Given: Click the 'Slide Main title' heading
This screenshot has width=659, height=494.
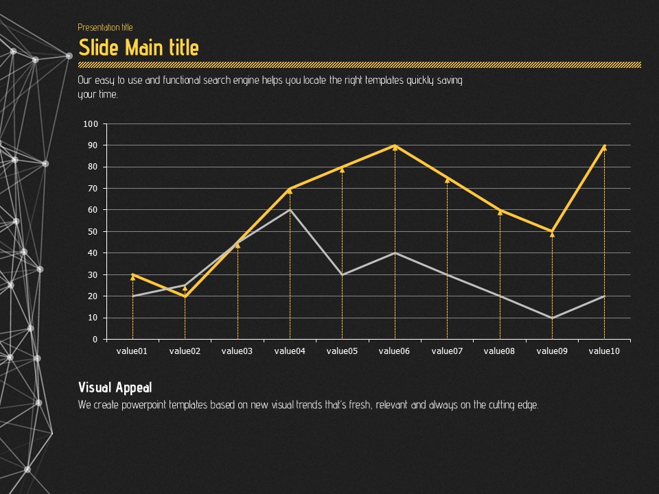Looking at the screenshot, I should [x=139, y=48].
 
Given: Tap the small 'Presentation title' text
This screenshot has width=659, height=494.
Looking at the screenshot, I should [x=105, y=27].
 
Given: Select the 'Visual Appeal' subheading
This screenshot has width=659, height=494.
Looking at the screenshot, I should [x=115, y=388].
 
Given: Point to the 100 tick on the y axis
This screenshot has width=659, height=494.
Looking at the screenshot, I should [x=91, y=124].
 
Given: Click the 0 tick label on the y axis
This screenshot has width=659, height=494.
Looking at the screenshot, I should [x=95, y=340].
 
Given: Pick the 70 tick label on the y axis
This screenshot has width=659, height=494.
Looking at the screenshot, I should [x=93, y=189].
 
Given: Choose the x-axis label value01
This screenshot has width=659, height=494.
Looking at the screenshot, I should [x=132, y=351].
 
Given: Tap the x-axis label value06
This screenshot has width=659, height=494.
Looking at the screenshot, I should [x=394, y=351].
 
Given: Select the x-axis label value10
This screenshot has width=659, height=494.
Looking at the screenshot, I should [x=604, y=351].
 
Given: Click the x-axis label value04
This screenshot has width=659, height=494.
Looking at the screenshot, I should [x=289, y=351].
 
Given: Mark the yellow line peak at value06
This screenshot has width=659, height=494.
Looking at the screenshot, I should [x=395, y=145].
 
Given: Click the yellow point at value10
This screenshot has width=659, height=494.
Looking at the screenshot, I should [x=604, y=146].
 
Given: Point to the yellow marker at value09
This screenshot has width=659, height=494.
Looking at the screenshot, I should [x=552, y=233].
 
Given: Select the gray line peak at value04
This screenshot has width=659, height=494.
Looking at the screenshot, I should [x=290, y=209].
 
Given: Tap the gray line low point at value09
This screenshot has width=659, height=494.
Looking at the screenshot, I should [x=552, y=318].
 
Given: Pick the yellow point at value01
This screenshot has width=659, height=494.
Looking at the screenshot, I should [x=132, y=275].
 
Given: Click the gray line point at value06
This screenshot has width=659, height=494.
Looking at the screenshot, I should [x=395, y=252].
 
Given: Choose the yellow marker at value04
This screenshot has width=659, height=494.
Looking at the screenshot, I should [x=290, y=189].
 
